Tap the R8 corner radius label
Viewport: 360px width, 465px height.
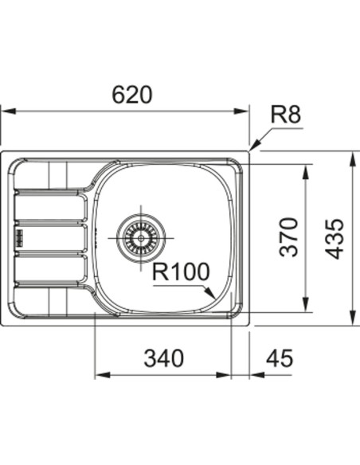(x=285, y=116)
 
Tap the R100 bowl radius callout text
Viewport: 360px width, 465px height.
(x=181, y=272)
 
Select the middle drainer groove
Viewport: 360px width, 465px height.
(x=49, y=237)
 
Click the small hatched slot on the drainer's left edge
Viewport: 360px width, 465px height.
(x=18, y=236)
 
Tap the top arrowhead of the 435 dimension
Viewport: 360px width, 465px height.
(x=351, y=156)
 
